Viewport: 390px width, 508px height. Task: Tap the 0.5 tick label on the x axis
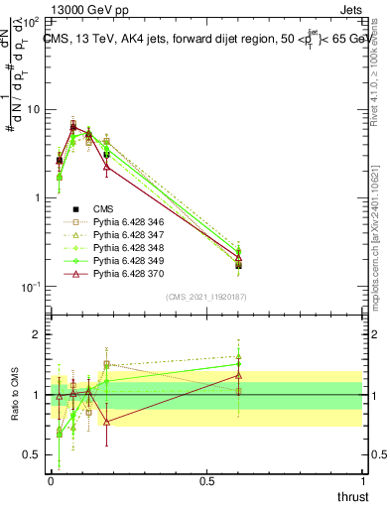click(206, 482)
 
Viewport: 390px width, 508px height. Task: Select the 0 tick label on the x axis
click(51, 482)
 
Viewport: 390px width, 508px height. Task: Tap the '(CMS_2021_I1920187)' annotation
click(206, 297)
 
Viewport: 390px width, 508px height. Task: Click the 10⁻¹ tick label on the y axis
click(30, 287)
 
